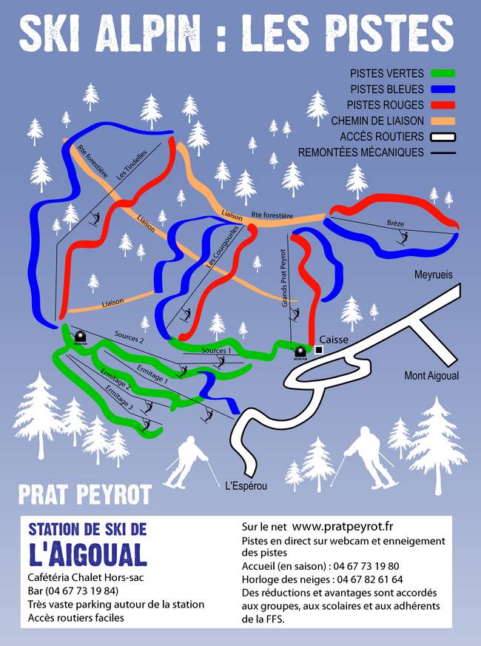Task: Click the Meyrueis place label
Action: coord(433,275)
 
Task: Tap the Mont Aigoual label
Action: coord(431,376)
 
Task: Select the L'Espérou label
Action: coord(245,486)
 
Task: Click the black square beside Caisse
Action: coord(320,349)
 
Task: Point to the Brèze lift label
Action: coord(396,223)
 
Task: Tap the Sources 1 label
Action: coord(216,351)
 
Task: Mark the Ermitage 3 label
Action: coord(118,397)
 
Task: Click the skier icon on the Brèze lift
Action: coord(403,237)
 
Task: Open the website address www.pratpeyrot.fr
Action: coord(343,526)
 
